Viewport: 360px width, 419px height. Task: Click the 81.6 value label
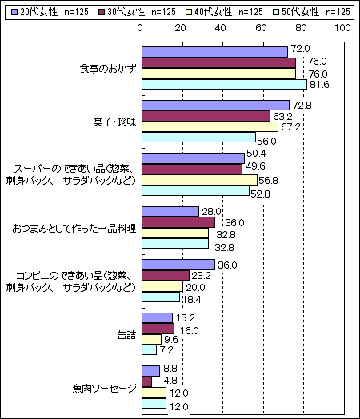319,85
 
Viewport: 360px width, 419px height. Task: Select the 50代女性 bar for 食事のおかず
224,84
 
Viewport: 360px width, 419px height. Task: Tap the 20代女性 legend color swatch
14,12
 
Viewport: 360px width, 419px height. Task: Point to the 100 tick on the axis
342,28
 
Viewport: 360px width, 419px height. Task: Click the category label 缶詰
126,334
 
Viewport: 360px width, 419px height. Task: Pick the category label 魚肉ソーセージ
104,388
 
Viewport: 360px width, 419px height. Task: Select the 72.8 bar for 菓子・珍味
216,106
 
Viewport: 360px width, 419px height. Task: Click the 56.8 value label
268,181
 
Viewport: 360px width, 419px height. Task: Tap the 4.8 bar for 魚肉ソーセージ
146,382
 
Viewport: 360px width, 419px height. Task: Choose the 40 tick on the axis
221,28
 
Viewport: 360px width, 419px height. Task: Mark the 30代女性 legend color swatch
102,12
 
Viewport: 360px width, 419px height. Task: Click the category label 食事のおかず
108,69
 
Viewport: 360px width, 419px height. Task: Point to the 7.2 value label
166,349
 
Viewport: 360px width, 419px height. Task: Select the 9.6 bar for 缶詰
151,340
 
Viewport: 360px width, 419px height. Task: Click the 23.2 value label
201,276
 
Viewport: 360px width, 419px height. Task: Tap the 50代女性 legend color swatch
276,12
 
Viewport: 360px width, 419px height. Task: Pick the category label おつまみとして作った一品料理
74,229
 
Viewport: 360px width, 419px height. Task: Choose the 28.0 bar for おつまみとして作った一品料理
170,212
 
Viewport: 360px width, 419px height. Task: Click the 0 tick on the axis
140,28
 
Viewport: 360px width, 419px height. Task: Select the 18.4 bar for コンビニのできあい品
161,297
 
